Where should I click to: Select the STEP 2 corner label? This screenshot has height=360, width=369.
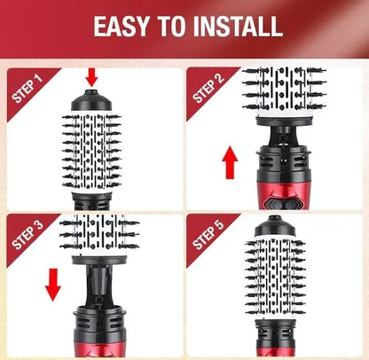pyautogui.click(x=210, y=88)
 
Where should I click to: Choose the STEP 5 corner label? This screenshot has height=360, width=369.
pyautogui.click(x=211, y=235)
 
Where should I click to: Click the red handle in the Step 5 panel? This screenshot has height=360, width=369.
pyautogui.click(x=277, y=341)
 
